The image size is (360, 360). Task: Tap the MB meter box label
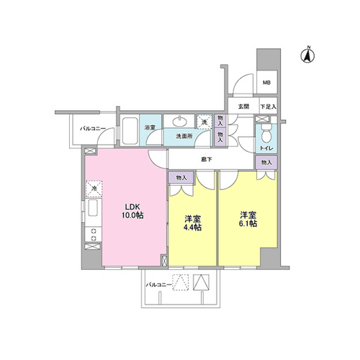[266, 83]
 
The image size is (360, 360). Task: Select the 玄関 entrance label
[243, 107]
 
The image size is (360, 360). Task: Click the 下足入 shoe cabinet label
[269, 107]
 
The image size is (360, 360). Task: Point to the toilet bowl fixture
[266, 134]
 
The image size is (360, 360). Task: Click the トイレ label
[266, 148]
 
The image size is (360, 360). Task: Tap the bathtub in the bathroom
[130, 130]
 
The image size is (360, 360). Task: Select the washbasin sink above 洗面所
[179, 121]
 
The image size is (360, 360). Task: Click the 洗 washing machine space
[204, 122]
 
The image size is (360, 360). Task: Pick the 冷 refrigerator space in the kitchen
[94, 189]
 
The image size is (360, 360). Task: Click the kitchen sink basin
[93, 208]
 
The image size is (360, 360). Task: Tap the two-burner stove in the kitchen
[94, 235]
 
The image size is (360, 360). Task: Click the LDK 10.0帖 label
[132, 211]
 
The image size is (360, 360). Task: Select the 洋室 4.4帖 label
[192, 223]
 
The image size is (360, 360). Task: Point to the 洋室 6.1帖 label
[248, 219]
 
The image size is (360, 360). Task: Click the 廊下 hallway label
[207, 159]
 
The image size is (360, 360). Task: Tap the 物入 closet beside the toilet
[266, 163]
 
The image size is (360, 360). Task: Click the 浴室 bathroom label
[150, 127]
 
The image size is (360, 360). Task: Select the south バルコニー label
[159, 285]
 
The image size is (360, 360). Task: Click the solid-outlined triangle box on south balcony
[201, 282]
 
